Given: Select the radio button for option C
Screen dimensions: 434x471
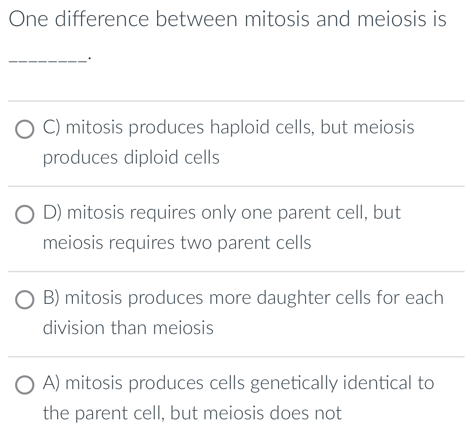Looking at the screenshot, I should (25, 130).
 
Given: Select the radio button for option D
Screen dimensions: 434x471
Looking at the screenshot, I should (25, 215).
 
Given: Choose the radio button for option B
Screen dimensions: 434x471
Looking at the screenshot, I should (25, 300).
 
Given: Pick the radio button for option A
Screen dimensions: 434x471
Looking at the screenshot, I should (25, 385).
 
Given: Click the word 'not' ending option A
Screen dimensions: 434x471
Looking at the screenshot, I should (326, 413).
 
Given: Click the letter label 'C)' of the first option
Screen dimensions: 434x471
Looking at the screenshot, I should (52, 127).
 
